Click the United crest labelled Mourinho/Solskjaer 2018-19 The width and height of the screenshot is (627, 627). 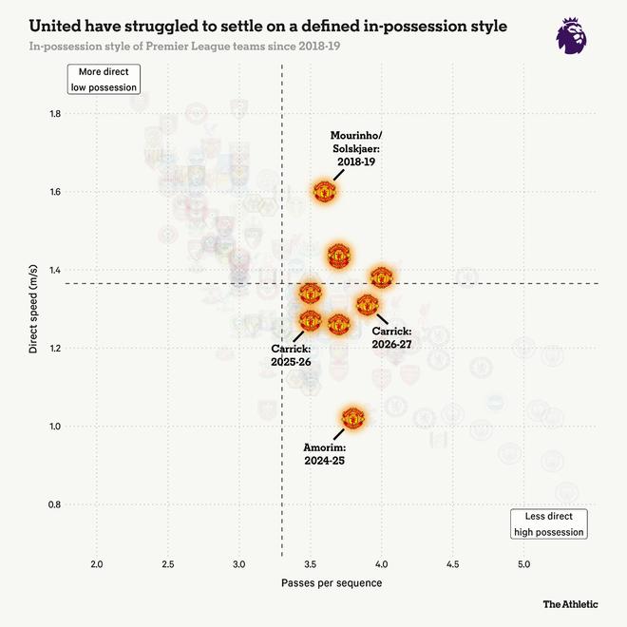click(324, 192)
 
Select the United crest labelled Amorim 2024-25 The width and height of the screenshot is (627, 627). click(353, 418)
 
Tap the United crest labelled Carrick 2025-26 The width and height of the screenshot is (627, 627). click(311, 320)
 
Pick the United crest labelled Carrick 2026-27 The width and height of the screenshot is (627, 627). click(368, 305)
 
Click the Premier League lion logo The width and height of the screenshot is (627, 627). click(572, 35)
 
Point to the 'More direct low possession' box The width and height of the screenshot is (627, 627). click(104, 79)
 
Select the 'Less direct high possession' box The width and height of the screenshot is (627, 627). click(549, 523)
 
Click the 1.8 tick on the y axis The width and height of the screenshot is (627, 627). click(55, 114)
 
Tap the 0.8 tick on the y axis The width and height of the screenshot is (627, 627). click(55, 504)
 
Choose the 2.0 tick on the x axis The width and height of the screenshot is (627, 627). click(97, 564)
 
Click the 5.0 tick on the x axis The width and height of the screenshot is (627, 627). click(523, 564)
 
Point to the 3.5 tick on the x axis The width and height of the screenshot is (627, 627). click(311, 564)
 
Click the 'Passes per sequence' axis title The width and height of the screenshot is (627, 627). click(332, 583)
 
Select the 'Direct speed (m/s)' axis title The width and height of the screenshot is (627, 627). click(33, 309)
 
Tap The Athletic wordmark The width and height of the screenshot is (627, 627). click(571, 604)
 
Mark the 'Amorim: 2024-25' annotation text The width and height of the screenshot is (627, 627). click(324, 454)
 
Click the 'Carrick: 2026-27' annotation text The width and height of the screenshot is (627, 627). click(391, 337)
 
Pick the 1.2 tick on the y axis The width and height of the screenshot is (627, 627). click(55, 349)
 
